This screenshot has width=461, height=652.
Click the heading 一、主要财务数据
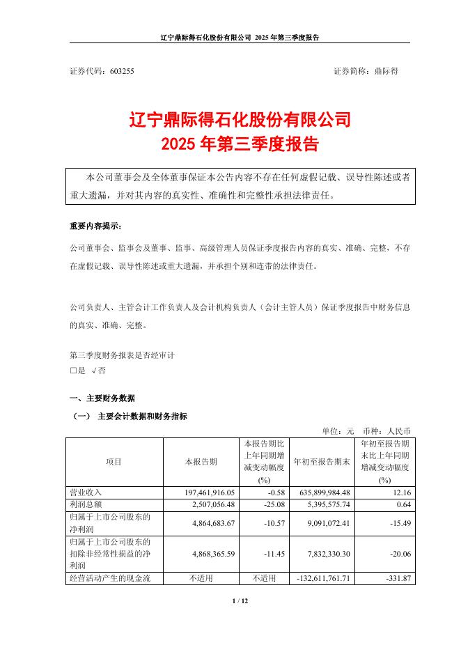point(102,398)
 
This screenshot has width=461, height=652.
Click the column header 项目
point(114,462)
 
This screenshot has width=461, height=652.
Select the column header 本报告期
point(201,462)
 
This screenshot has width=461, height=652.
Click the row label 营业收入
point(86,492)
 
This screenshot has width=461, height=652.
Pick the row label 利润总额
point(86,503)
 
